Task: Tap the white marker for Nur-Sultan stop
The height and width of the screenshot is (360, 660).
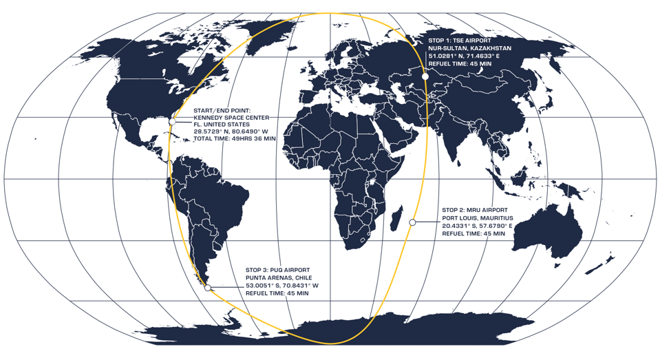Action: pyautogui.click(x=425, y=76)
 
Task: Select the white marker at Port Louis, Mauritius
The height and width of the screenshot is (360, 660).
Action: pyautogui.click(x=412, y=222)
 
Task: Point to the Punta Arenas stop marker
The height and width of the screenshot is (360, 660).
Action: pyautogui.click(x=208, y=288)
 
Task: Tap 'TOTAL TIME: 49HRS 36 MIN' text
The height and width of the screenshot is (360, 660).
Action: pyautogui.click(x=235, y=138)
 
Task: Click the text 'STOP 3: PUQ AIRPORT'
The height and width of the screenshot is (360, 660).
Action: pyautogui.click(x=279, y=269)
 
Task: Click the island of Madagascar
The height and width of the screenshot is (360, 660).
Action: pyautogui.click(x=396, y=221)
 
